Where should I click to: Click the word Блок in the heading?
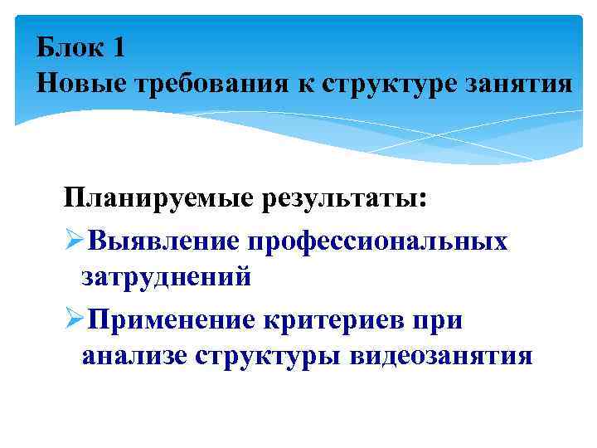(69, 47)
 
